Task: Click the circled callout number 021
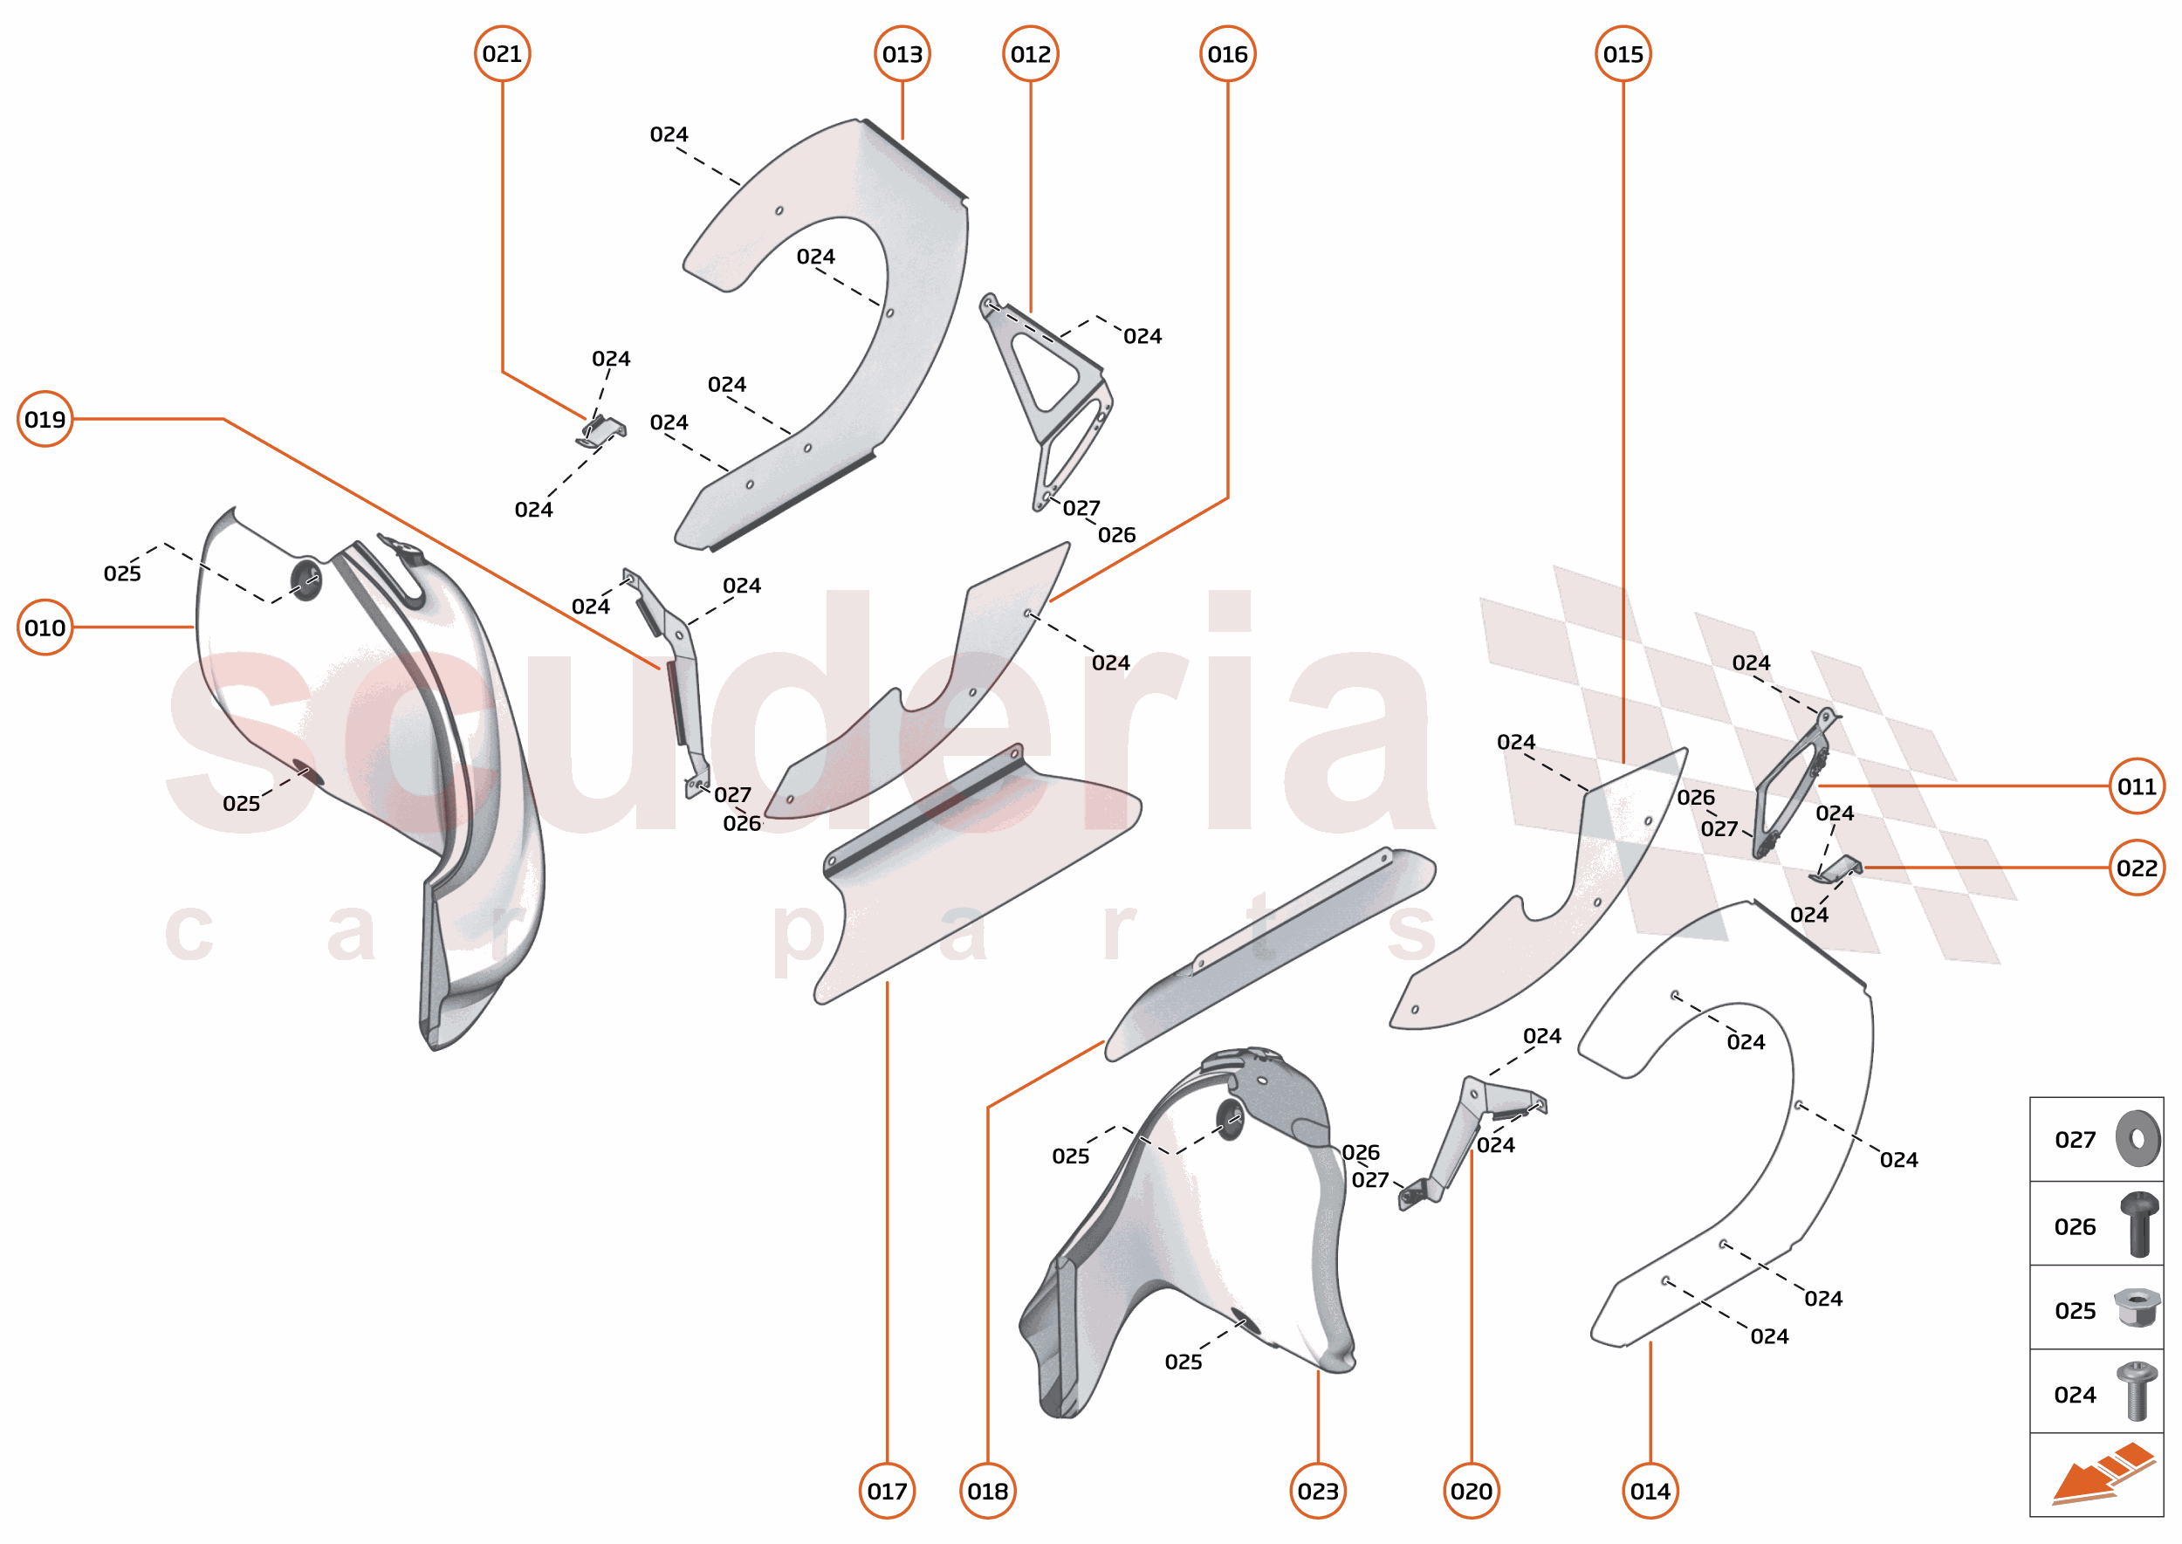[502, 54]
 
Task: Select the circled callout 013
[902, 54]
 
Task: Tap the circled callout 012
[1031, 54]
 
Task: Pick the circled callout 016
[1227, 54]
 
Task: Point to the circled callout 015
[1623, 54]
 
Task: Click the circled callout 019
[45, 419]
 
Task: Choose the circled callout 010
[45, 628]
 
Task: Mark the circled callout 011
[2137, 786]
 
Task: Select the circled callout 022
[2137, 868]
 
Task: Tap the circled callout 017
[887, 1492]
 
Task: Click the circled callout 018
[988, 1492]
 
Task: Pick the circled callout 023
[1318, 1492]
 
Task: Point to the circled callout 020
[1471, 1492]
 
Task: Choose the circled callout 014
[1650, 1492]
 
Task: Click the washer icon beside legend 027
[2137, 1138]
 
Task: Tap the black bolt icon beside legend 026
[2139, 1225]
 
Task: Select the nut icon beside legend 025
[2137, 1308]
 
